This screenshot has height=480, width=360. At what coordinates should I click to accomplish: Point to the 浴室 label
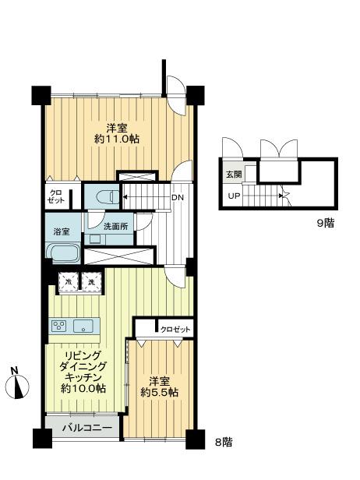[60, 231]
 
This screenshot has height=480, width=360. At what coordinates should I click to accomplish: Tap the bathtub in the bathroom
[62, 253]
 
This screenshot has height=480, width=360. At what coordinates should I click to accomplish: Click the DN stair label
[178, 197]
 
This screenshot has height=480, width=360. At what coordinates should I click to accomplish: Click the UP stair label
[234, 196]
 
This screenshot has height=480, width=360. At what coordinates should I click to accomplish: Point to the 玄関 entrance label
[234, 175]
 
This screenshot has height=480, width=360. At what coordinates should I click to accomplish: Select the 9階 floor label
[326, 222]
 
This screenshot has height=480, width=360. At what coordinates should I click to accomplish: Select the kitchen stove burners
[60, 326]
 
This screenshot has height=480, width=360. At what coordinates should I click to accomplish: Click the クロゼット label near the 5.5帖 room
[176, 330]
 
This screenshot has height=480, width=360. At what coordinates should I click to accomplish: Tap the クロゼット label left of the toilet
[58, 197]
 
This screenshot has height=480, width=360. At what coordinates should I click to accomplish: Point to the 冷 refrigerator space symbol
[69, 282]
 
